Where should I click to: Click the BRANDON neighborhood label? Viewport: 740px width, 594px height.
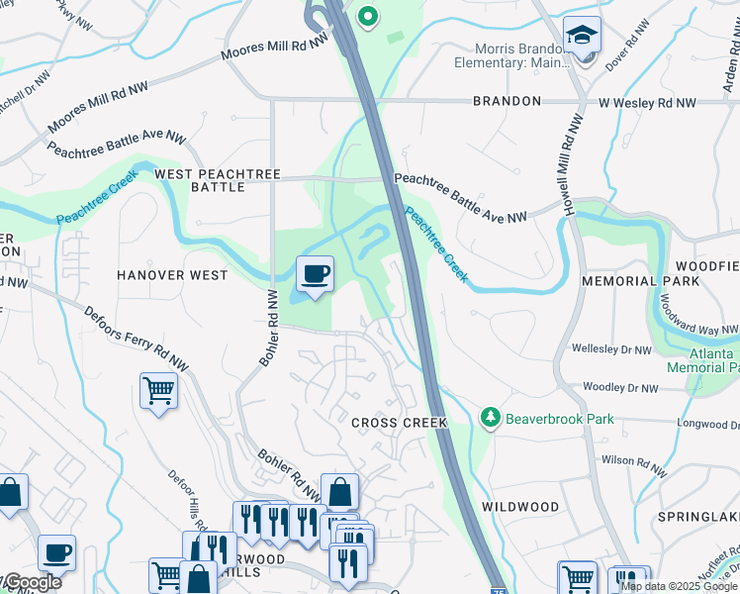point(507,101)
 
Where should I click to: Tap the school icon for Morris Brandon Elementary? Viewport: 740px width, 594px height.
point(582,35)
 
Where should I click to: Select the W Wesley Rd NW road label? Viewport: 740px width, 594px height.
point(646,102)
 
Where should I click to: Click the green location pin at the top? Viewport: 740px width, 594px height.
point(367,16)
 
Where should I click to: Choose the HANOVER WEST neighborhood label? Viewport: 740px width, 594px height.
point(171,274)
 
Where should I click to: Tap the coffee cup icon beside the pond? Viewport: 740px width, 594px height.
point(315,274)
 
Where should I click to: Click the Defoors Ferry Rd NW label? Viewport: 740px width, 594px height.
point(136,340)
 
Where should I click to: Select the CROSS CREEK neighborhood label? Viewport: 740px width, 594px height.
point(400,423)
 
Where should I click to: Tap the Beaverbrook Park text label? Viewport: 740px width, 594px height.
point(559,419)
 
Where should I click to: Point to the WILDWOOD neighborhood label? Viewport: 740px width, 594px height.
point(520,506)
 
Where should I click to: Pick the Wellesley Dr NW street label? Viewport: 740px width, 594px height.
point(611,349)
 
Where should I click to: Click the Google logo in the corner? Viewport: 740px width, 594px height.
point(32,582)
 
